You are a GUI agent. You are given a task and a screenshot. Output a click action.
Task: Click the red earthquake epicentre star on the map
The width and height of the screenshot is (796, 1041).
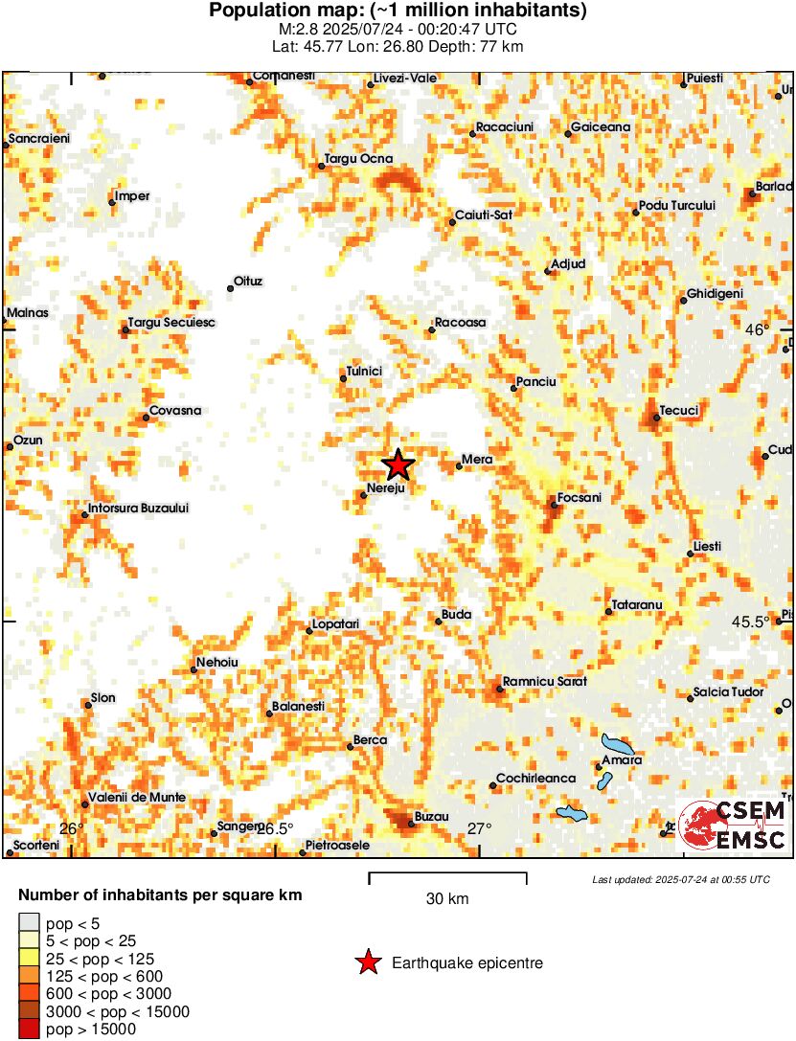tap(398, 465)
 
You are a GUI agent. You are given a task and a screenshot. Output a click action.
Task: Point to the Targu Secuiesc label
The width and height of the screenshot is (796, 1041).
tap(172, 324)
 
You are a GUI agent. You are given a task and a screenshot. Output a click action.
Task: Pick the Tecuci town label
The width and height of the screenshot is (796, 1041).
tap(681, 411)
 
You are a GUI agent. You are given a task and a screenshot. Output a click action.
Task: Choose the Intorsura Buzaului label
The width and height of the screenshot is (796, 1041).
tap(139, 508)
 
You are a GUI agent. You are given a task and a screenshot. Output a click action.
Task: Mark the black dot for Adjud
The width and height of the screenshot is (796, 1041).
tap(548, 271)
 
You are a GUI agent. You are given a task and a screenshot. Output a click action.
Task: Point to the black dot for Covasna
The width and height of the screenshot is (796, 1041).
tap(146, 417)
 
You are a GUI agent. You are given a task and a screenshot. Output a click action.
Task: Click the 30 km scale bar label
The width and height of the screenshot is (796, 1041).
tap(447, 898)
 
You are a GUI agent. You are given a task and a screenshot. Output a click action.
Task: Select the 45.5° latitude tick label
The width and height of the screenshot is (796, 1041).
tap(751, 622)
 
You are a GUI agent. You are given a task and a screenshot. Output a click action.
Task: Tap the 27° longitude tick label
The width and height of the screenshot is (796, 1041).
tap(479, 828)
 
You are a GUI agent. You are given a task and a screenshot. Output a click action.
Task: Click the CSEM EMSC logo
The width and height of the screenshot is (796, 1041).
tap(733, 824)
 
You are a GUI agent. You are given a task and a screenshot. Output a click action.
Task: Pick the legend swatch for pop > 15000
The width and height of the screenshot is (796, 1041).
tap(29, 1029)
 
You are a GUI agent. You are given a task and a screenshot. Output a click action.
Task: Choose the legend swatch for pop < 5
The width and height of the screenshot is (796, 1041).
tap(29, 923)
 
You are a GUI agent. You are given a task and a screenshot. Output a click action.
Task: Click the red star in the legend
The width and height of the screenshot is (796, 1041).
tap(367, 962)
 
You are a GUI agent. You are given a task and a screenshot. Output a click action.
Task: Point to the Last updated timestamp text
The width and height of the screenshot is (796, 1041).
tap(680, 879)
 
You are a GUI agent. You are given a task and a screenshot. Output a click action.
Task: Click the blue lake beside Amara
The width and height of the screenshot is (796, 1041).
tap(616, 744)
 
